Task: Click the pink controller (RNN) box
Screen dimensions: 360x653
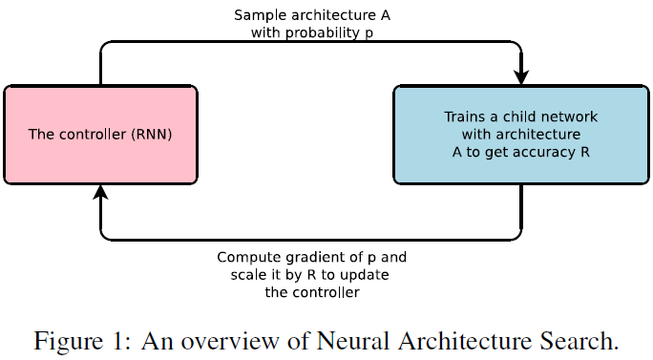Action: [100, 134]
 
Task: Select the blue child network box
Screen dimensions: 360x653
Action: [521, 134]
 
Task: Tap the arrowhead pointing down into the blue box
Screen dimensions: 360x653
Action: [521, 75]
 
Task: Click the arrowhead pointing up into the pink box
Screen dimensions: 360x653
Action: [100, 193]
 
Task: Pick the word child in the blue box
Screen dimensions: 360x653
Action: [508, 116]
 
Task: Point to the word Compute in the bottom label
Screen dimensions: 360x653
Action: [245, 258]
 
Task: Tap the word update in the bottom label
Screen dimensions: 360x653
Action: [367, 275]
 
